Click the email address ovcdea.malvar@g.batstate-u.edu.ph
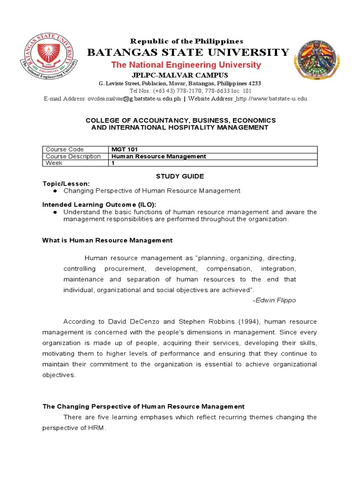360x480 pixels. click(134, 98)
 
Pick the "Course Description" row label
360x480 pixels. click(73, 156)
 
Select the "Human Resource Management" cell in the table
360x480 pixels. click(159, 156)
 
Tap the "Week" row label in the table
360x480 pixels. click(54, 163)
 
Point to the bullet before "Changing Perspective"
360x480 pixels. click(55, 191)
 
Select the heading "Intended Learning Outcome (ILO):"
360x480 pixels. click(99, 204)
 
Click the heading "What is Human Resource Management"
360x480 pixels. click(107, 240)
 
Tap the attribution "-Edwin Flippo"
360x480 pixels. click(274, 300)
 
